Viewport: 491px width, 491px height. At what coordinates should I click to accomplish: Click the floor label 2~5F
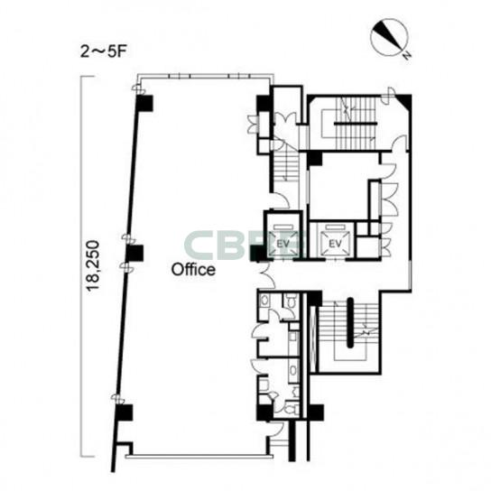[103, 51]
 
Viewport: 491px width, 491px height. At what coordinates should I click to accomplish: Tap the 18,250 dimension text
[93, 266]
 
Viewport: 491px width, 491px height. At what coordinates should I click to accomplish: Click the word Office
[193, 269]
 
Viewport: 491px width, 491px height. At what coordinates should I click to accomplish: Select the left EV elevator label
[283, 244]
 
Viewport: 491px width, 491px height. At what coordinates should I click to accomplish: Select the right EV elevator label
[335, 244]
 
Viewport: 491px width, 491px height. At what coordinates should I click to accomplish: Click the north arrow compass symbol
[389, 39]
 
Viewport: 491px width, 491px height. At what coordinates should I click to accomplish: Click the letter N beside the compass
[407, 55]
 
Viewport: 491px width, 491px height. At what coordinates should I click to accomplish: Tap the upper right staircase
[355, 124]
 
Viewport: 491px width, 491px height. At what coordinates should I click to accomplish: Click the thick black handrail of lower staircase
[350, 322]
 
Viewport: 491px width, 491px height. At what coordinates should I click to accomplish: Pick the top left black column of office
[144, 103]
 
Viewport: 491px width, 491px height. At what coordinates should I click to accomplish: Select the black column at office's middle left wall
[134, 253]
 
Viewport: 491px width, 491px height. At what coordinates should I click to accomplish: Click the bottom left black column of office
[124, 412]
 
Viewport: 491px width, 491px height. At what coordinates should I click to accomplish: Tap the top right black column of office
[264, 103]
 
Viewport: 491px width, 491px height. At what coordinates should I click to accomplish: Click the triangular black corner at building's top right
[404, 100]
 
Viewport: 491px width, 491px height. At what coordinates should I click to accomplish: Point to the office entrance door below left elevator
[267, 275]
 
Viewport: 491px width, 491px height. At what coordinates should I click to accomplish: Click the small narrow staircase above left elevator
[285, 166]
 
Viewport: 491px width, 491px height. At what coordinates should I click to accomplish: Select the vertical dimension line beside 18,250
[81, 266]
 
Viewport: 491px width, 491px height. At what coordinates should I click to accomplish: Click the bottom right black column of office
[265, 412]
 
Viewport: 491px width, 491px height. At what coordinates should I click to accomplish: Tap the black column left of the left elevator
[257, 253]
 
